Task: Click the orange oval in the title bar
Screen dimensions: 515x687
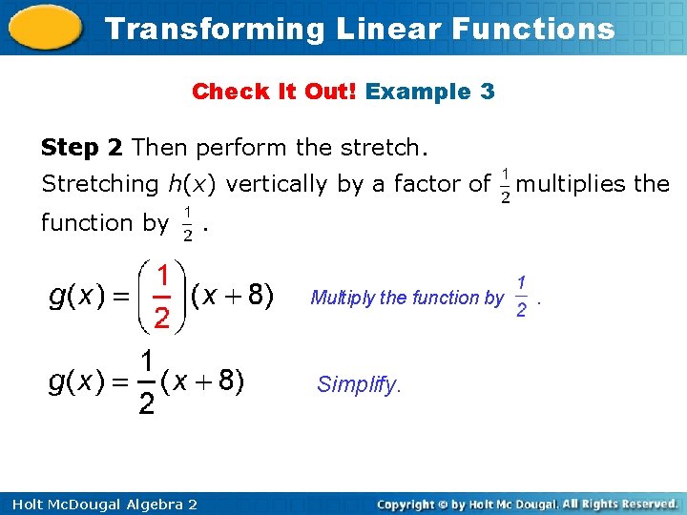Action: click(x=46, y=28)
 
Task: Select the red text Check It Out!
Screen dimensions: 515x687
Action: click(x=274, y=92)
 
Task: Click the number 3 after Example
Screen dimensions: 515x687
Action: click(x=488, y=92)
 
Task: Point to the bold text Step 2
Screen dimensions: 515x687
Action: click(x=83, y=148)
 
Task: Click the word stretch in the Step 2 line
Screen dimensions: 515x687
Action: click(x=377, y=148)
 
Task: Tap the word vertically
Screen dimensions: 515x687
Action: click(x=278, y=183)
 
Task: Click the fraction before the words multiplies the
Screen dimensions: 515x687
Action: click(x=505, y=185)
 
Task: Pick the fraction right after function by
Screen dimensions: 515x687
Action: click(x=188, y=222)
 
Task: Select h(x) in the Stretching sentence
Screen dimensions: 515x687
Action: click(x=191, y=183)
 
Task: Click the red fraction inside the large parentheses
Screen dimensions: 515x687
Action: click(x=162, y=297)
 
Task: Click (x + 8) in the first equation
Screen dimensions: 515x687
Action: click(x=233, y=297)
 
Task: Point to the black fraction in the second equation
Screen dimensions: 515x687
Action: click(x=146, y=382)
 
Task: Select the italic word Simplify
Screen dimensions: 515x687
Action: click(x=359, y=384)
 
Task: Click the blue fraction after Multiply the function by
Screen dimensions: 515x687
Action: click(x=521, y=297)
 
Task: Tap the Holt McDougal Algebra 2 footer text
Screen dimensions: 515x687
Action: click(x=99, y=504)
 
